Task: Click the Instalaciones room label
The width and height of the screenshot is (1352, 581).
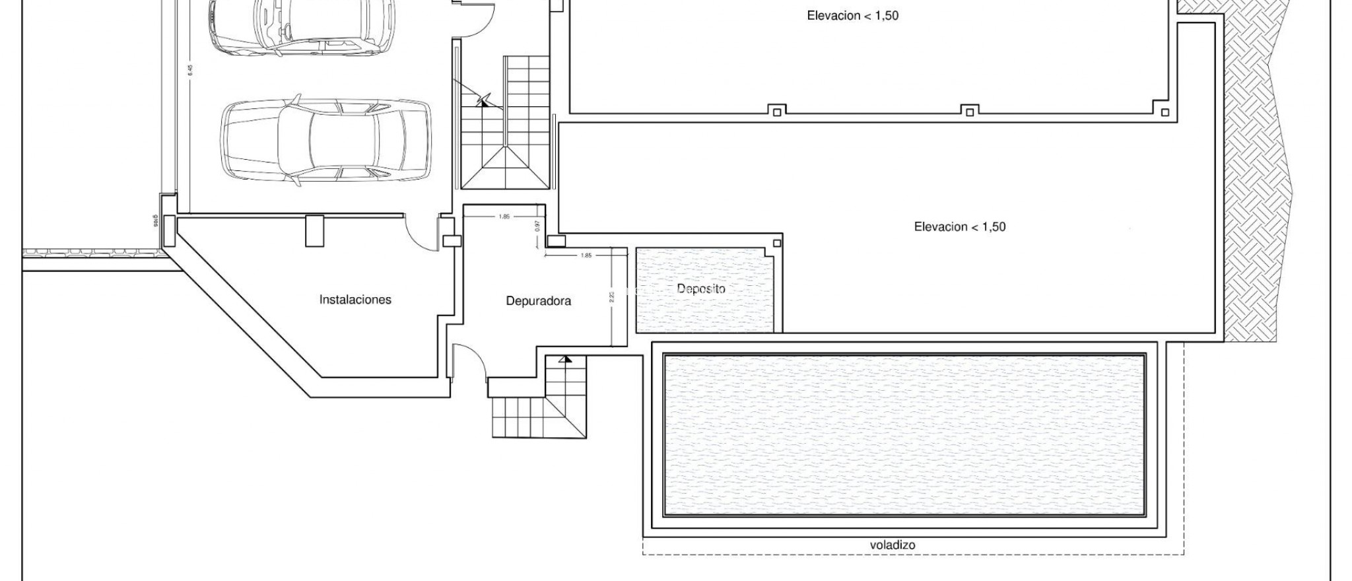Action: tap(355, 300)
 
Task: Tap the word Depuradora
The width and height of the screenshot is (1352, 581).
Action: tap(538, 301)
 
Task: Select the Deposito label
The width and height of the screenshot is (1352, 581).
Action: tap(700, 289)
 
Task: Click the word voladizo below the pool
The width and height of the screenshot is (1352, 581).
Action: tap(893, 545)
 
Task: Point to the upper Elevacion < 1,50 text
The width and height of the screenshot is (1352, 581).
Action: tap(852, 16)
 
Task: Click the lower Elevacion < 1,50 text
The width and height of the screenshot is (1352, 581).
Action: tap(959, 227)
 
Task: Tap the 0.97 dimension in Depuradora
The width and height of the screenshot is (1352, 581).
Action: tap(537, 225)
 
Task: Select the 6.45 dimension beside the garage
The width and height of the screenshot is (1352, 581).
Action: tap(190, 69)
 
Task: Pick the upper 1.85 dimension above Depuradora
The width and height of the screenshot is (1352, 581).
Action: tap(504, 217)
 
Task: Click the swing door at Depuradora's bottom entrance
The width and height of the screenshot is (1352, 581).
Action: tap(471, 360)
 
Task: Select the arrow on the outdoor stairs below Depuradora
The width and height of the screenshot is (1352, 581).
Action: tap(565, 360)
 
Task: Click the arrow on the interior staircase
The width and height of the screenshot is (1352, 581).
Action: tap(484, 101)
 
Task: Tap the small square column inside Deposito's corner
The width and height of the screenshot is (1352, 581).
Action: tap(777, 244)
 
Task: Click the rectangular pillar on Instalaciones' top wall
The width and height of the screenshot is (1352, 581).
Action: tap(315, 230)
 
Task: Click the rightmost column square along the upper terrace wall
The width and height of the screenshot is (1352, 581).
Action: tap(1165, 112)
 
